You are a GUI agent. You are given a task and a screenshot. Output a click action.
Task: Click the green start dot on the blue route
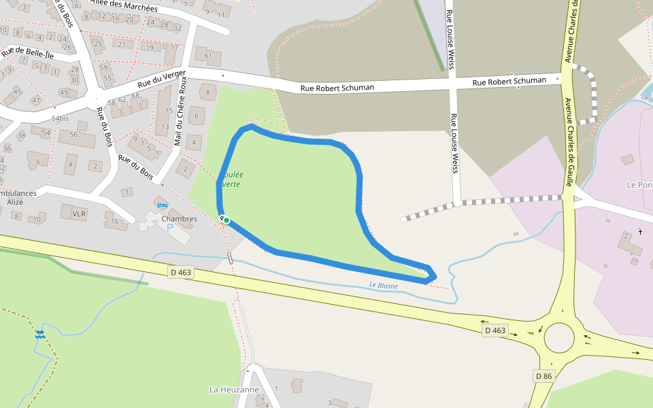226,220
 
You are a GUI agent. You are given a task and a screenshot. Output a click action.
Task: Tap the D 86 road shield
543,376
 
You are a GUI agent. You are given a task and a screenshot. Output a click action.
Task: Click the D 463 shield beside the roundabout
495,330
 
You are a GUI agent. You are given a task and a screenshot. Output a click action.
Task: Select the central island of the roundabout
559,337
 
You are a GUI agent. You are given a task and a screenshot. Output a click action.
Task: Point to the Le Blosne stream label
383,286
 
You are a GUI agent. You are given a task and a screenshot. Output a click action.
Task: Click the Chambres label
180,219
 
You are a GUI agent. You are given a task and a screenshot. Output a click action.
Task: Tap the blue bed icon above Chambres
162,205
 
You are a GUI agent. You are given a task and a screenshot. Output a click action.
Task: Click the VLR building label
79,214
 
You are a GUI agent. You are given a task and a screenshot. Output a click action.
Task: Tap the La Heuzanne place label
234,390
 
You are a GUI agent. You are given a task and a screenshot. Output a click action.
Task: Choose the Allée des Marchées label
124,5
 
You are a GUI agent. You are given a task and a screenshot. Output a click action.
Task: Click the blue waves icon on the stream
40,334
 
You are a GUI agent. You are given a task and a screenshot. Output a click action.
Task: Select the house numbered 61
208,55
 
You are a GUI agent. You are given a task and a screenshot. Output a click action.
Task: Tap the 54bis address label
60,118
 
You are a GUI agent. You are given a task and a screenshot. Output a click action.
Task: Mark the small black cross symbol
640,232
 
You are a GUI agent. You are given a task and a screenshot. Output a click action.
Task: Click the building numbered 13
165,126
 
